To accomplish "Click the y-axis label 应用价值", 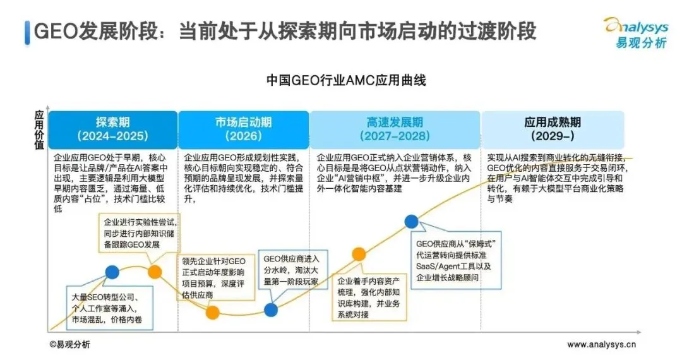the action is coord(39,130).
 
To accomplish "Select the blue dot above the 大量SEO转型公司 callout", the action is coord(112,272).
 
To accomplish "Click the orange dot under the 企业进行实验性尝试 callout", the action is coord(155,272).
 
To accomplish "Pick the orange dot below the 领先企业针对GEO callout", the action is coord(213,312).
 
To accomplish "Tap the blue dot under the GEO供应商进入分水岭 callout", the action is coord(271,309).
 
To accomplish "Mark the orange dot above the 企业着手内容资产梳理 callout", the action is coord(359,254).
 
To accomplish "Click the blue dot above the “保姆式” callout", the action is coord(412,221).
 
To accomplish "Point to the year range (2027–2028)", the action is coord(395,136).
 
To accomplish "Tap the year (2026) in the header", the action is coord(243,136).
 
